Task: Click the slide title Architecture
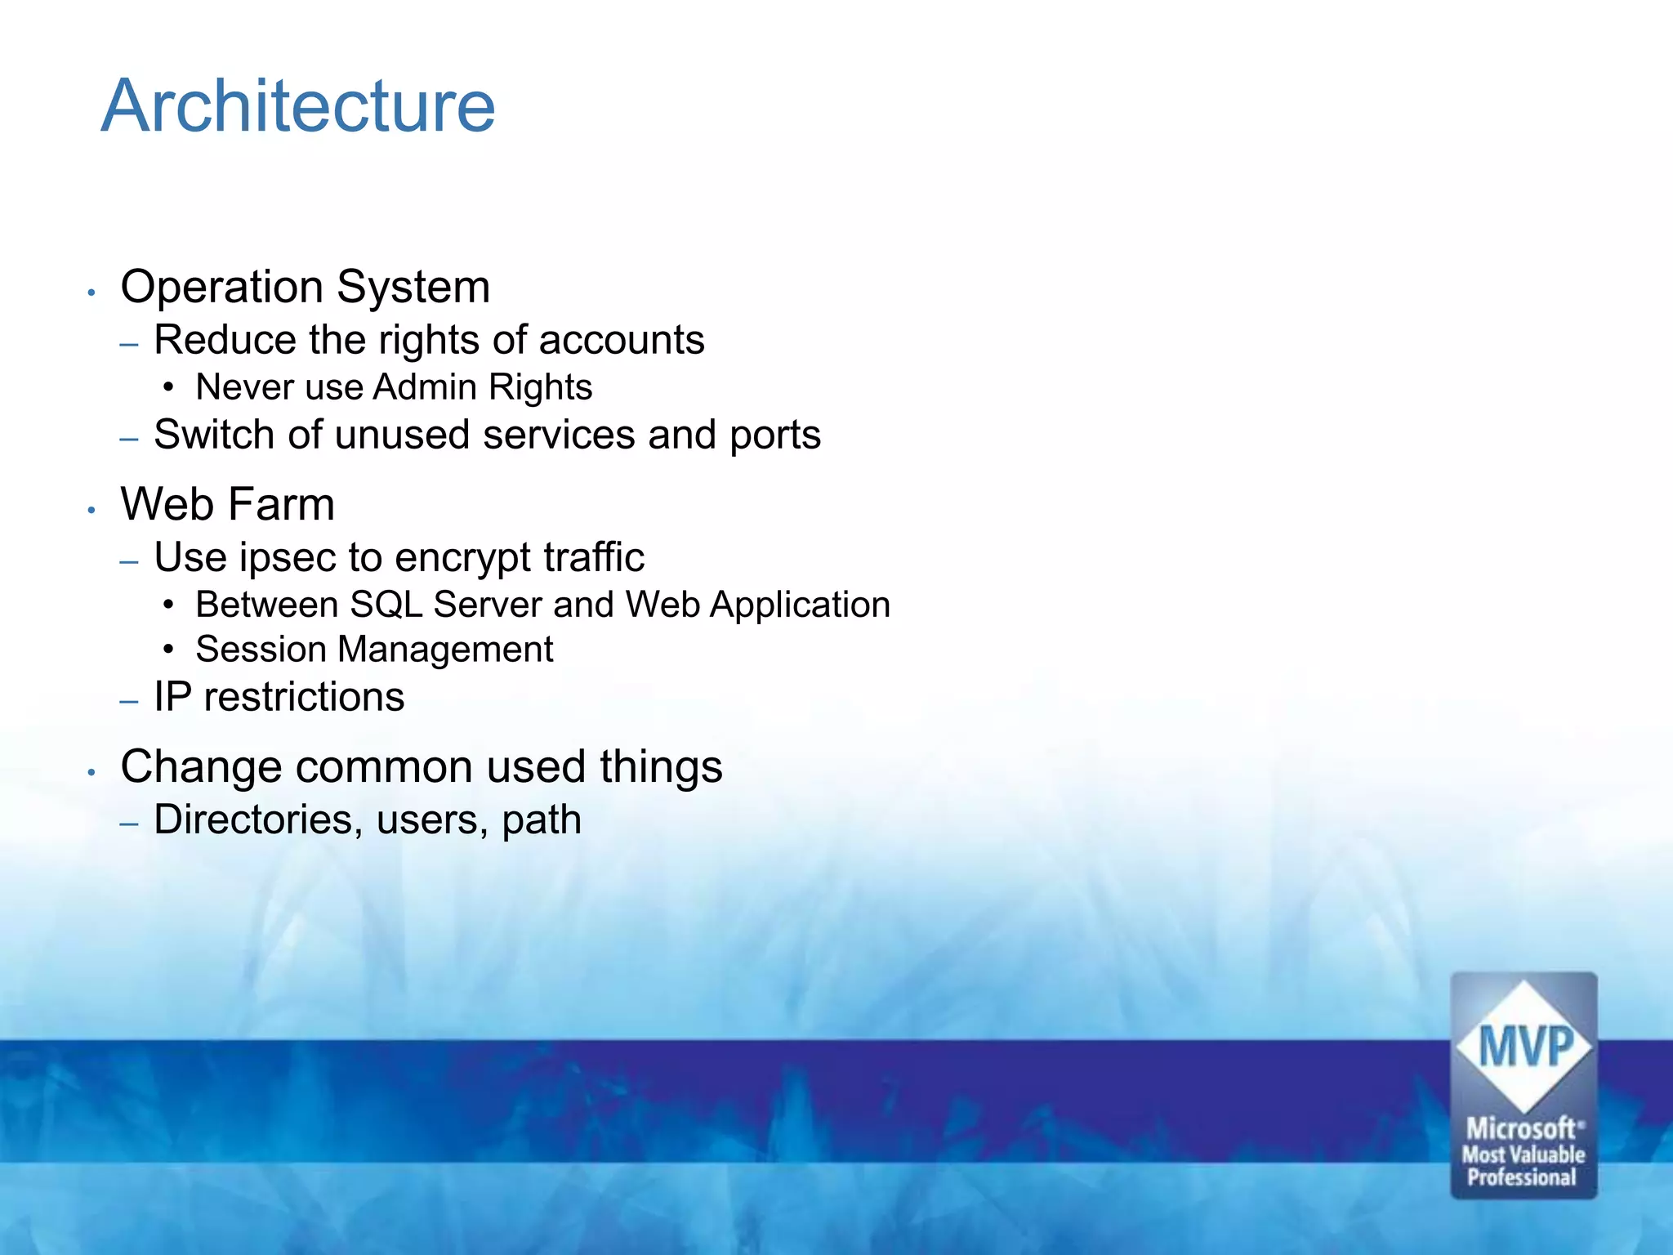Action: click(x=298, y=106)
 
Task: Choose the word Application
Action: click(x=800, y=605)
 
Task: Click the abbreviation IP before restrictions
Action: click(x=172, y=697)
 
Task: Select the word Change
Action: click(x=201, y=767)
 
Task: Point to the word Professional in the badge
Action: click(x=1522, y=1177)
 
